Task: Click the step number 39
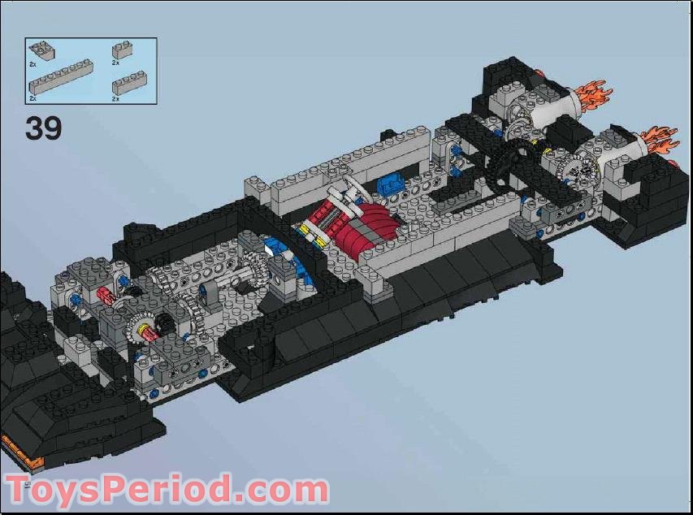coord(44,128)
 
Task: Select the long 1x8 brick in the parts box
coord(61,76)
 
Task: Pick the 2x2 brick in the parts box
coord(41,50)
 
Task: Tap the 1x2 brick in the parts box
coord(123,50)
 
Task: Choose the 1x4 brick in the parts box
coord(129,83)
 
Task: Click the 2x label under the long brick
coord(32,98)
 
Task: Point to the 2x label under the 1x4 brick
coord(115,99)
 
